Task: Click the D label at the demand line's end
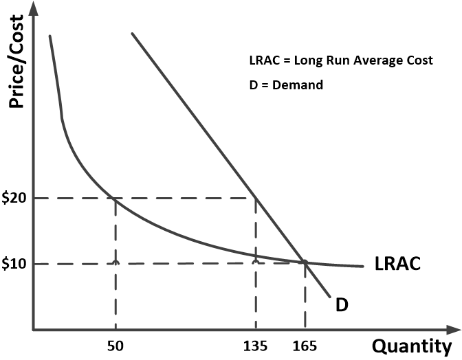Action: [x=342, y=304]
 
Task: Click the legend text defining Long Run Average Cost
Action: [x=341, y=60]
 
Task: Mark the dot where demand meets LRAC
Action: [x=305, y=262]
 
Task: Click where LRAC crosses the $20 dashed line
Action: [x=115, y=199]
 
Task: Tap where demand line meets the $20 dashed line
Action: [x=256, y=199]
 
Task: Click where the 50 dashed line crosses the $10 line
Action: [x=115, y=263]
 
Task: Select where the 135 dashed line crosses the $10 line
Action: [x=256, y=263]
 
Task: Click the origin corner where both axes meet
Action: [x=33, y=330]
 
